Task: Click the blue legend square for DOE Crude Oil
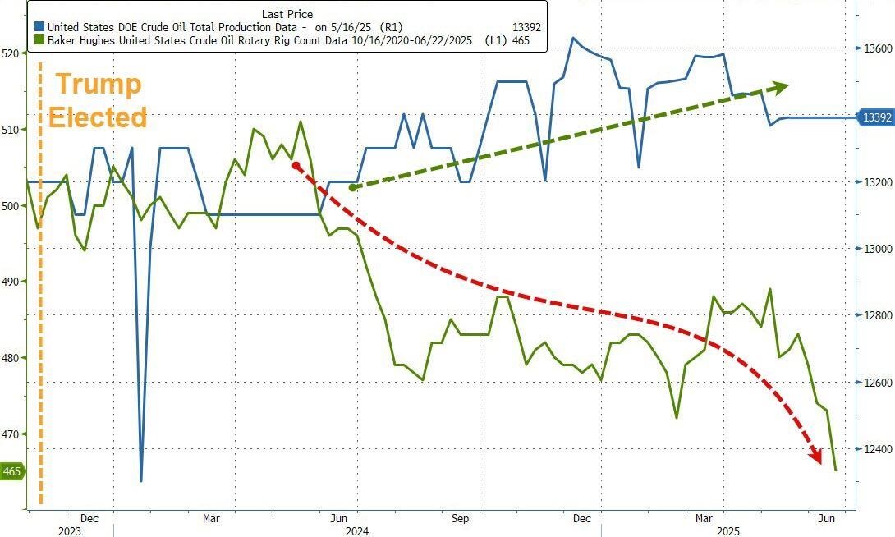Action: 39,27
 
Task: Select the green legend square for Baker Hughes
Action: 39,39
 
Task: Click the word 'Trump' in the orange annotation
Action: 98,84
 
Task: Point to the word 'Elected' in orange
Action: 97,117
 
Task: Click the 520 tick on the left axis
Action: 11,53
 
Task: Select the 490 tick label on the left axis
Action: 11,282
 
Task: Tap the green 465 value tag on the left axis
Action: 12,471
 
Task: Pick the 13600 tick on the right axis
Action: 876,49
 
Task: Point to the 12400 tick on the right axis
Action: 876,449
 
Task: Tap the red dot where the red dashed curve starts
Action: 296,165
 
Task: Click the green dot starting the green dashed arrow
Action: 353,187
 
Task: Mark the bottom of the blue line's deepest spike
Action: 141,480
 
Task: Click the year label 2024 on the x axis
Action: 356,531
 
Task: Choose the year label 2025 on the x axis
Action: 727,531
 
